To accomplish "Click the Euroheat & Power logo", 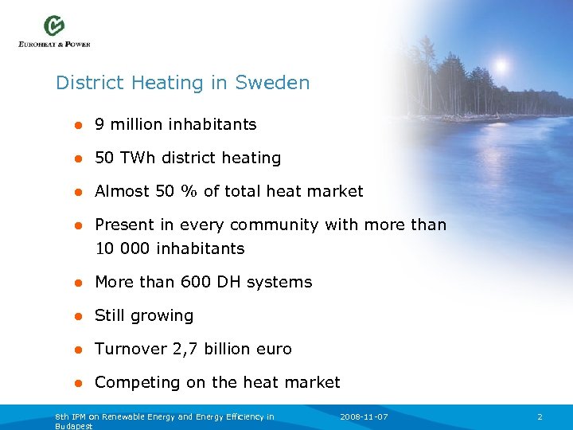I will click(x=54, y=31).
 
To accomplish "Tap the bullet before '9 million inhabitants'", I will click(x=78, y=125).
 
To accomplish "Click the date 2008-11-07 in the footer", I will click(x=364, y=417).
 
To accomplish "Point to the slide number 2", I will click(x=540, y=417).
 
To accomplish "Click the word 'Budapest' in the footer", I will click(x=74, y=426).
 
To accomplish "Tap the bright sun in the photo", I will click(x=501, y=64).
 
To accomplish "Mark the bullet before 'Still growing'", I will click(x=78, y=316).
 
